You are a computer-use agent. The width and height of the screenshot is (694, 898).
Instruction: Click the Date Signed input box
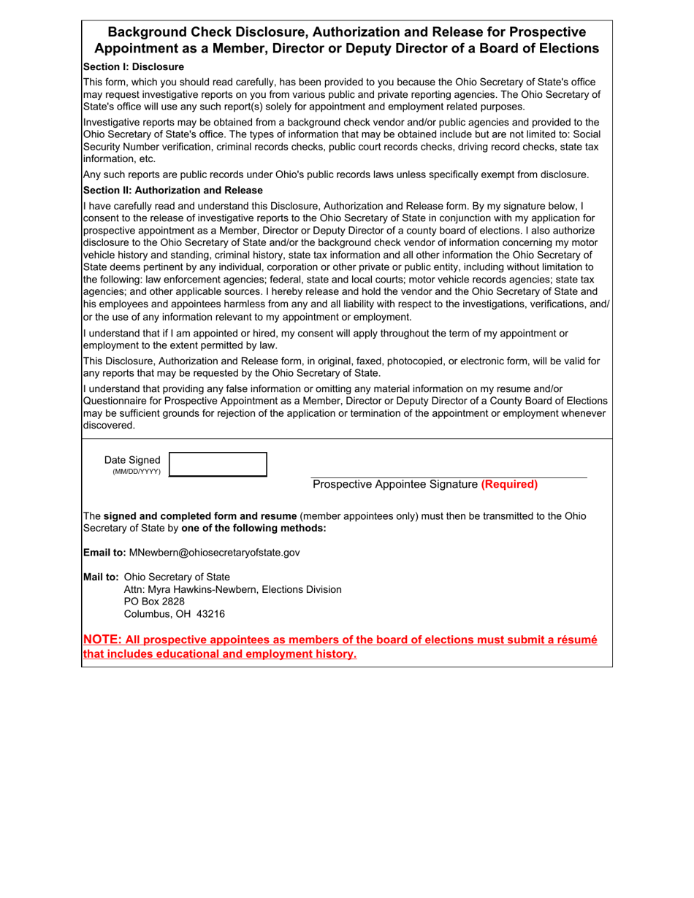218,464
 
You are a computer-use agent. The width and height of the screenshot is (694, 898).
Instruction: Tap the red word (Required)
509,484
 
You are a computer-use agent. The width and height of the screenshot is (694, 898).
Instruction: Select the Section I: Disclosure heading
134,66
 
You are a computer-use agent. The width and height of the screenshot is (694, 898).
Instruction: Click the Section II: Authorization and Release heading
172,190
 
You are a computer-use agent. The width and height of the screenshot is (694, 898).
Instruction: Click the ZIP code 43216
210,614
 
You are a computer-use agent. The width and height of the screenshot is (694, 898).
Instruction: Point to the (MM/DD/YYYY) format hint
137,472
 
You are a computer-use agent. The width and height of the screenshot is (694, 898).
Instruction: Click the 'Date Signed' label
132,460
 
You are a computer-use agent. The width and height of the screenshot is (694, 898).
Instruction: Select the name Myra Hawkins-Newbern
202,589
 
